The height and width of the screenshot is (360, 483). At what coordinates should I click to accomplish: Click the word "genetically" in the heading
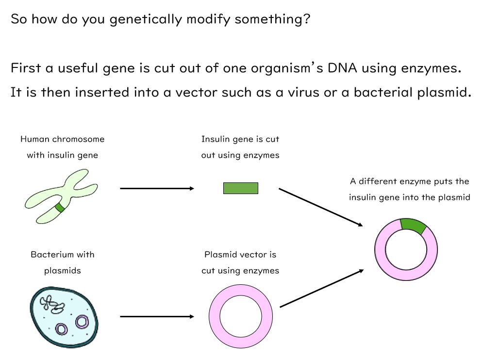146,20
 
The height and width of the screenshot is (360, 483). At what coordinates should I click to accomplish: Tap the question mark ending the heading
305,20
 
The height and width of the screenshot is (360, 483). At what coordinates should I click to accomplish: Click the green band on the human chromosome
60,208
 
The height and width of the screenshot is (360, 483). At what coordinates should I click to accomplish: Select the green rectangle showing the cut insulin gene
240,188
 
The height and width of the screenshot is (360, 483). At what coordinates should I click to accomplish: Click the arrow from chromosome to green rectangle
157,188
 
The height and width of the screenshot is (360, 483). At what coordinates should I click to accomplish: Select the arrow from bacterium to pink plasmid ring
157,317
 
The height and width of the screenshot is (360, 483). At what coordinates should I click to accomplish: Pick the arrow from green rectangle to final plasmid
320,207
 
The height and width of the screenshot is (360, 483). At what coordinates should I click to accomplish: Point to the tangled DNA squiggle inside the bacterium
52,304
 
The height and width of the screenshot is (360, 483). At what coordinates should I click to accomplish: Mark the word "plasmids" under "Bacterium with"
62,271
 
